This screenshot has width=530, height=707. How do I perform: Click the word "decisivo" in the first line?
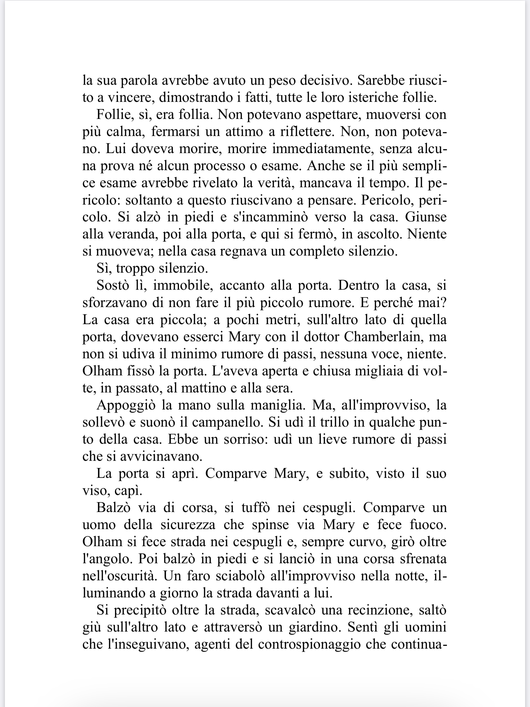tap(326, 80)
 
